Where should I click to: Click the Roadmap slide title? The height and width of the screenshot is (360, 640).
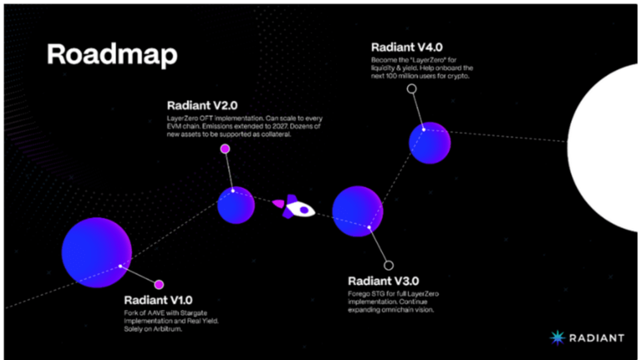[112, 54]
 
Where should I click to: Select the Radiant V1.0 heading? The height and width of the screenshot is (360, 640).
[158, 300]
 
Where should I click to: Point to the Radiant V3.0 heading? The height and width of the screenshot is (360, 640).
[383, 281]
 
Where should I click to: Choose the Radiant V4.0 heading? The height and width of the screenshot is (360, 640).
[406, 47]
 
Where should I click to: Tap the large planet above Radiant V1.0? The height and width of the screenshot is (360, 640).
[96, 252]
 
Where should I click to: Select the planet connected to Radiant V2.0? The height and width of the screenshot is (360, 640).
[236, 205]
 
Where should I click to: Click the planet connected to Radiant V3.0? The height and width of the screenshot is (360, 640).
[357, 211]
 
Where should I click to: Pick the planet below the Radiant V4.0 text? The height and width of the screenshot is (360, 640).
[429, 143]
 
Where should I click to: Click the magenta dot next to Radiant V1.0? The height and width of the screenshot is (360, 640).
[159, 284]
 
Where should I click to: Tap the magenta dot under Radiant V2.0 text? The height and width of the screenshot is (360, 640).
[225, 148]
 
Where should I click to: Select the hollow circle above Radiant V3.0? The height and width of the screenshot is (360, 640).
[388, 265]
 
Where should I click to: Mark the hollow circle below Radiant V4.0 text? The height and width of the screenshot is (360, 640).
[411, 89]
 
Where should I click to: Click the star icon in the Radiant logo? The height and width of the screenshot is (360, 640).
[557, 338]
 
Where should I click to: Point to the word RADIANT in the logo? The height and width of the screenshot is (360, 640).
[596, 338]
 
